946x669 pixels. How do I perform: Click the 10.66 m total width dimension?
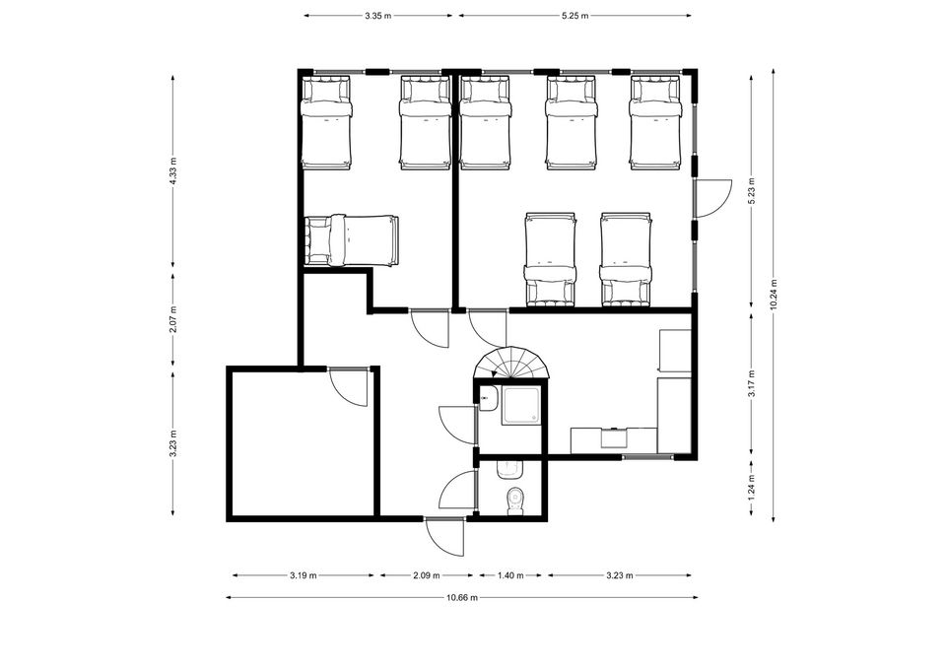coord(462,598)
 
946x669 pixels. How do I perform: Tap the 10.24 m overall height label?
coord(774,295)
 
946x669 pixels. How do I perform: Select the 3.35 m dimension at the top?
coord(377,17)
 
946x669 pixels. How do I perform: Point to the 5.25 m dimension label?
coord(574,17)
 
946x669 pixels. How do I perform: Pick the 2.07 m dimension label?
coord(173,320)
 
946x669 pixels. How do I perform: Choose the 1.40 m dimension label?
coord(510,575)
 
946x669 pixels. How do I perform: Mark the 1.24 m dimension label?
coord(752,488)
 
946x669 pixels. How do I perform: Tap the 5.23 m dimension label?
coord(752,190)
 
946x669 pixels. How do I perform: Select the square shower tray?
coord(522,406)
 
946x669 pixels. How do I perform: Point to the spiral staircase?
coord(512,363)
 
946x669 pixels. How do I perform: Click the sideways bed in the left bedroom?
coord(352,240)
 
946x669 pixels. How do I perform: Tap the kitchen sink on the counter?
coord(614,436)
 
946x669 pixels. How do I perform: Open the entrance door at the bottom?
coord(444,536)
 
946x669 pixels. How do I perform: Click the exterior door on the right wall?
coord(711,198)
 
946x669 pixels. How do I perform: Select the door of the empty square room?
coord(348,386)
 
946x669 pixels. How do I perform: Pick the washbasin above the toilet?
coord(510,470)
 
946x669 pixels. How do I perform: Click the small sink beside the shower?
coord(488,398)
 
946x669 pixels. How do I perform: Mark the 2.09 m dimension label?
coord(427,575)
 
